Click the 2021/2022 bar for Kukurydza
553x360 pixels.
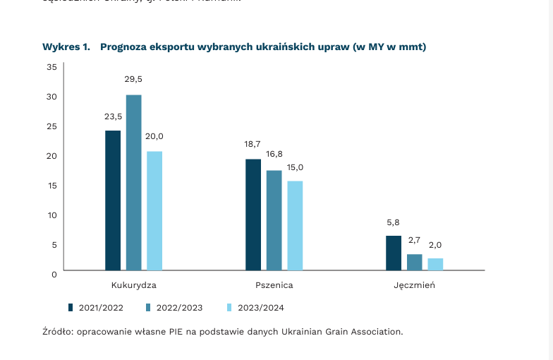tap(113, 200)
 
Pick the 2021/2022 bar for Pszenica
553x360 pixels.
tap(253, 215)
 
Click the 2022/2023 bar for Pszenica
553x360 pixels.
tap(274, 220)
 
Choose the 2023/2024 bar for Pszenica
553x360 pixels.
tap(295, 226)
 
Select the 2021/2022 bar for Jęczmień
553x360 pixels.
tap(394, 253)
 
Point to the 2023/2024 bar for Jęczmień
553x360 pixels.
tap(435, 264)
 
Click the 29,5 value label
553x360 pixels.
tap(133, 79)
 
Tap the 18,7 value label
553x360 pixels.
tap(253, 144)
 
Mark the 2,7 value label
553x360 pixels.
tap(414, 240)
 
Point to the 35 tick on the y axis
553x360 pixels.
tap(51, 67)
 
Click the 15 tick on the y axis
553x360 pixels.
tap(51, 185)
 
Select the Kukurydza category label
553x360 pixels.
tap(133, 286)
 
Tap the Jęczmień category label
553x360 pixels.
tap(414, 286)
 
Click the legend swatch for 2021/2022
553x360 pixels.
tap(71, 308)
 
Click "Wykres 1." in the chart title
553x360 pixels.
tap(66, 47)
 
